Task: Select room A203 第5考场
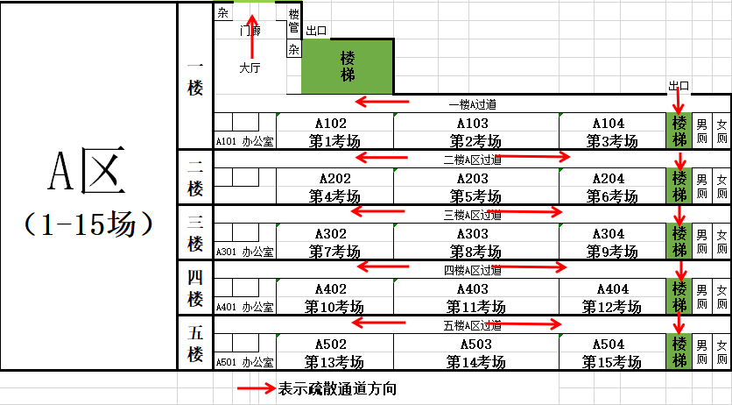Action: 476,186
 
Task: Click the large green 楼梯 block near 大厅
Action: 348,67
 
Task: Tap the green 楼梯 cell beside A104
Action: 679,131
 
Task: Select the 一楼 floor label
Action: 195,77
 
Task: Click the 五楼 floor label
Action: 195,343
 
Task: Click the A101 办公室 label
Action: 245,140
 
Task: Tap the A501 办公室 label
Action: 245,362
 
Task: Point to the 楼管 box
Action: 293,21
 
